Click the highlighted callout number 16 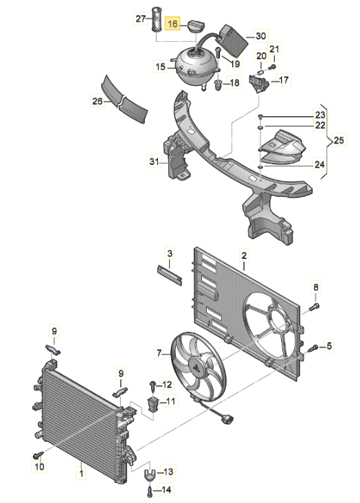pyautogui.click(x=172, y=24)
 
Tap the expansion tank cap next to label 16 pyautogui.click(x=196, y=25)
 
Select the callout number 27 pyautogui.click(x=141, y=19)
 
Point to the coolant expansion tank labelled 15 pyautogui.click(x=196, y=67)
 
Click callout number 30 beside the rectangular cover pyautogui.click(x=261, y=36)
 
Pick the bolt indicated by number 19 pyautogui.click(x=218, y=52)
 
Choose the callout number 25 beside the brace pyautogui.click(x=339, y=140)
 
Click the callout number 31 pyautogui.click(x=155, y=161)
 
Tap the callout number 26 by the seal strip pyautogui.click(x=98, y=101)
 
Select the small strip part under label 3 pyautogui.click(x=170, y=275)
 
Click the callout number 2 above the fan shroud pyautogui.click(x=244, y=256)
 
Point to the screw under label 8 pyautogui.click(x=314, y=306)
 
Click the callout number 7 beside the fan pyautogui.click(x=159, y=353)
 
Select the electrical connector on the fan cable pyautogui.click(x=228, y=418)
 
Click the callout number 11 pyautogui.click(x=170, y=401)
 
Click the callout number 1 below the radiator pyautogui.click(x=81, y=473)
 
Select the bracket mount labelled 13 pyautogui.click(x=150, y=473)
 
